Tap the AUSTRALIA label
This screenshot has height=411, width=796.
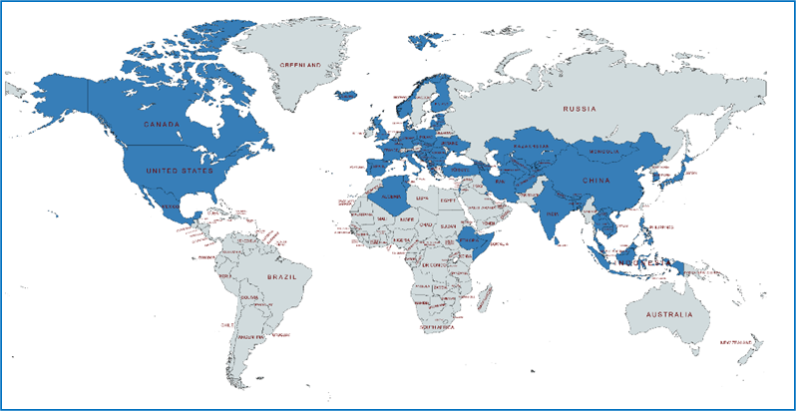[667, 315]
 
